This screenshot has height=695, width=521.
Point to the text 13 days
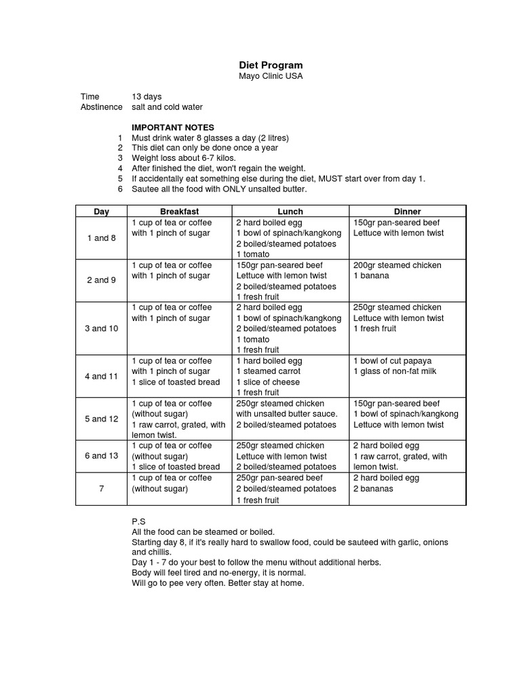coord(147,97)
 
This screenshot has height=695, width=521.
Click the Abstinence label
coord(102,107)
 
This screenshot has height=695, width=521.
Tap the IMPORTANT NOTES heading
coord(172,128)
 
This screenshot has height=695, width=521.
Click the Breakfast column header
coord(180,212)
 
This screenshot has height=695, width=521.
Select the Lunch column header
coord(290,212)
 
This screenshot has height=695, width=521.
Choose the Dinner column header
coord(407,212)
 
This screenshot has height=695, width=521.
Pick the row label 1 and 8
coord(101,238)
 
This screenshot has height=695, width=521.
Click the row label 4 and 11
coord(101,376)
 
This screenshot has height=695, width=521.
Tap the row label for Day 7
coord(101,489)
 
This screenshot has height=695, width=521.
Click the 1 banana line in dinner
coord(371,276)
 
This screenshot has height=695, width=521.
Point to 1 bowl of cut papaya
coord(392,360)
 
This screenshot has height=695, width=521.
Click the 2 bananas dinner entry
coord(373,489)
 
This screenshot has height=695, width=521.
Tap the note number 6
coord(120,189)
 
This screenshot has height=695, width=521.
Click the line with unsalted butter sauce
coord(286,414)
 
